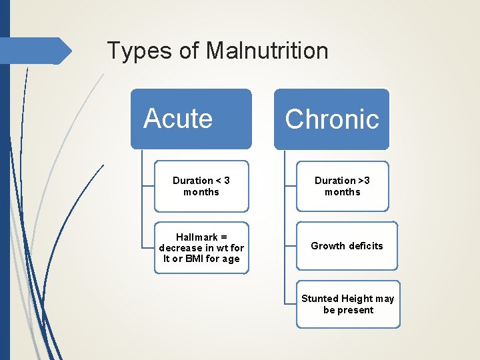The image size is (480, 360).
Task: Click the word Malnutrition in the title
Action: (267, 51)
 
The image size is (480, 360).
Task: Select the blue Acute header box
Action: (191, 119)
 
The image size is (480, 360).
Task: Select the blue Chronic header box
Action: (331, 119)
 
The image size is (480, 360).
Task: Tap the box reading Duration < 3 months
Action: (201, 186)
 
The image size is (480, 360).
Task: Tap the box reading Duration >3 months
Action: (342, 186)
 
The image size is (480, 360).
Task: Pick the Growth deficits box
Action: (347, 246)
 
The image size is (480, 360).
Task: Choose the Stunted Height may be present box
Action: (347, 304)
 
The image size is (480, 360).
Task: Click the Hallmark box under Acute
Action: (201, 247)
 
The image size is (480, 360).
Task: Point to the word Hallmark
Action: (197, 237)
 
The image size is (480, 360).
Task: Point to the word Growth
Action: (328, 246)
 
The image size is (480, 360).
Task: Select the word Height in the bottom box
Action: (358, 299)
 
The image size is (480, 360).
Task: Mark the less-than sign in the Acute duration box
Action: (218, 181)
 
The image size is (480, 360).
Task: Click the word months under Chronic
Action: (342, 192)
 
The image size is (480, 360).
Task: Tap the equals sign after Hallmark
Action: (225, 237)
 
